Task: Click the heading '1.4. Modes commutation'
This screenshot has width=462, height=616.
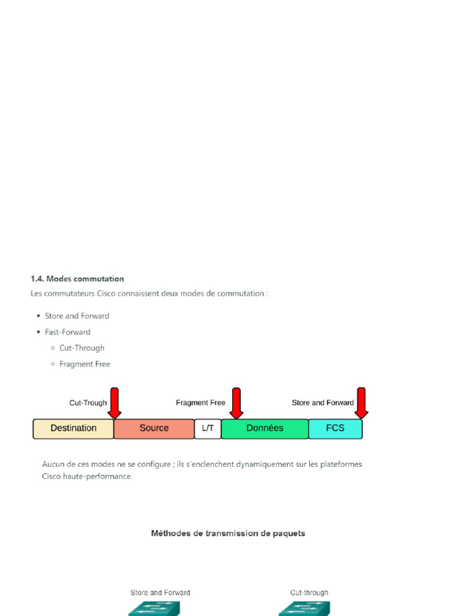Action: pyautogui.click(x=77, y=279)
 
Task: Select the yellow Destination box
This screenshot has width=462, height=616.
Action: pyautogui.click(x=73, y=428)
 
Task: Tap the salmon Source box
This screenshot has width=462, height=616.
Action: pyautogui.click(x=154, y=428)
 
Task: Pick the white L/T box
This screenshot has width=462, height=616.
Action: pyautogui.click(x=208, y=428)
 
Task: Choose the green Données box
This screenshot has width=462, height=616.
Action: pyautogui.click(x=265, y=428)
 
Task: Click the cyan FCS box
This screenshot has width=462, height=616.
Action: pyautogui.click(x=335, y=428)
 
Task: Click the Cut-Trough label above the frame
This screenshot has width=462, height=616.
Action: pyautogui.click(x=88, y=403)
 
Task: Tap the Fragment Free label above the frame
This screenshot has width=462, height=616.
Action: pyautogui.click(x=200, y=403)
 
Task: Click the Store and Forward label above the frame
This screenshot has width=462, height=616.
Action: pyautogui.click(x=322, y=403)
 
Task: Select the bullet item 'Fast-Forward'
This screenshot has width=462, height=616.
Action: pyautogui.click(x=67, y=332)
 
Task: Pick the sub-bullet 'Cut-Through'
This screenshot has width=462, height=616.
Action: pyautogui.click(x=82, y=348)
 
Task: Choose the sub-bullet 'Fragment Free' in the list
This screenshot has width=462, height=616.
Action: pyautogui.click(x=85, y=364)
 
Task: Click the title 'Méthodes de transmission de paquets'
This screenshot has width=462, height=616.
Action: pyautogui.click(x=228, y=533)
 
